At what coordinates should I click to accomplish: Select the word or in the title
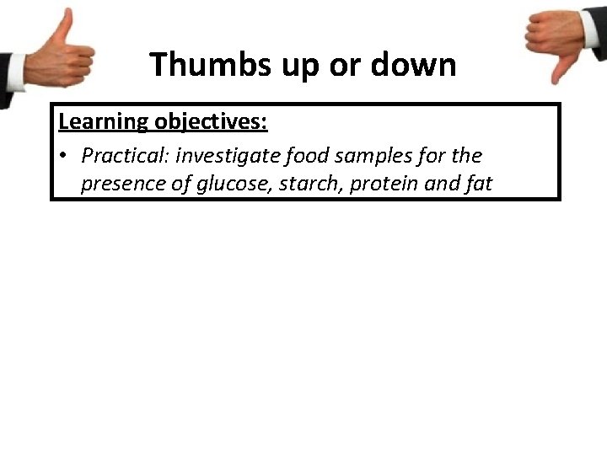pyautogui.click(x=343, y=64)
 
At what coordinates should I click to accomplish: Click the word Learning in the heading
pyautogui.click(x=103, y=121)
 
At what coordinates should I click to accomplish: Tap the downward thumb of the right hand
pyautogui.click(x=557, y=72)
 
